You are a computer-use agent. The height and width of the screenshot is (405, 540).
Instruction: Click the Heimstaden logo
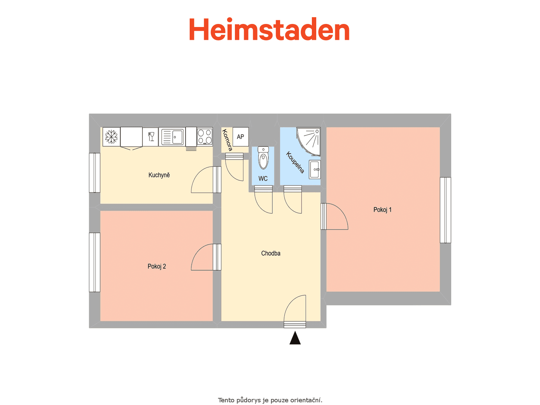(x=269, y=29)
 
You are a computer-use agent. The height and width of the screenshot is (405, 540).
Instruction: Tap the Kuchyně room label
(x=159, y=175)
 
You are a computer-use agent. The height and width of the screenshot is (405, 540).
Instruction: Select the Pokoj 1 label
(x=382, y=210)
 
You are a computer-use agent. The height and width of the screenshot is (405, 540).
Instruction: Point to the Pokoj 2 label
(x=157, y=266)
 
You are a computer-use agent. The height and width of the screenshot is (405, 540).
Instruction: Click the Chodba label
(x=271, y=253)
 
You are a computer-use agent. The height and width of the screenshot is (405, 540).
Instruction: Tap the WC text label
(x=263, y=179)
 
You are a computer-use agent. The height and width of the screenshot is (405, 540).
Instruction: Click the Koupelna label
(x=295, y=163)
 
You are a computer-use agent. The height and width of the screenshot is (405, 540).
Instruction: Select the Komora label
(x=227, y=140)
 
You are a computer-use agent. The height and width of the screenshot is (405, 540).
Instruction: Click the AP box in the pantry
(x=241, y=136)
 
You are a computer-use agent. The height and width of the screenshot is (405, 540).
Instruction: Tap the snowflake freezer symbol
(x=111, y=137)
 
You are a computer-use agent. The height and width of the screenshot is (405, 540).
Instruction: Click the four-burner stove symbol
(x=205, y=136)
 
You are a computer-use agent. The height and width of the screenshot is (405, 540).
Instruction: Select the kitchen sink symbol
(x=172, y=137)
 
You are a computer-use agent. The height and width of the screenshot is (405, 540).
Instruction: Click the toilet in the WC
(x=263, y=158)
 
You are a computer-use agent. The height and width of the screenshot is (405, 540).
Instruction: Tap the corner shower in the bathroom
(x=309, y=141)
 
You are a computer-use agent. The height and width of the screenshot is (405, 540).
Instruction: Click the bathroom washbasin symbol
(x=315, y=169)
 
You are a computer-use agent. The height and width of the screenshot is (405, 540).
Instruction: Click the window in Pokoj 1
(x=445, y=210)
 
